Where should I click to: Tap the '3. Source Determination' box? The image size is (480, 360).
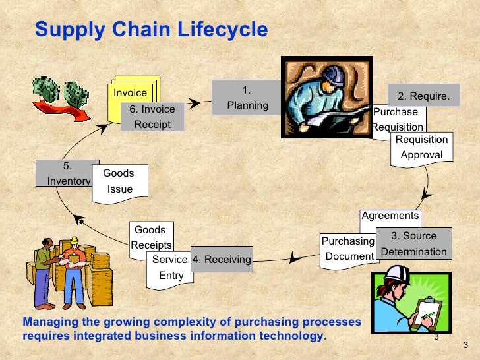[x=414, y=243]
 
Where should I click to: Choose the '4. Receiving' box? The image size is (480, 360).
[x=222, y=260]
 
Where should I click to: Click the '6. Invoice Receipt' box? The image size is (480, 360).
[x=152, y=117]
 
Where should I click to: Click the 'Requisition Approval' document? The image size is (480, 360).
[x=421, y=147]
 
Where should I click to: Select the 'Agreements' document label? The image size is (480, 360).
[x=390, y=216]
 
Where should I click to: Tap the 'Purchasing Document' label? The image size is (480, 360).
[x=347, y=249]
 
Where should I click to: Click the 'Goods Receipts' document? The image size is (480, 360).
[x=150, y=237]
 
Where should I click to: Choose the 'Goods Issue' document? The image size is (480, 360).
[x=120, y=181]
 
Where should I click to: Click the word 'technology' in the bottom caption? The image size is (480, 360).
[x=291, y=335]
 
